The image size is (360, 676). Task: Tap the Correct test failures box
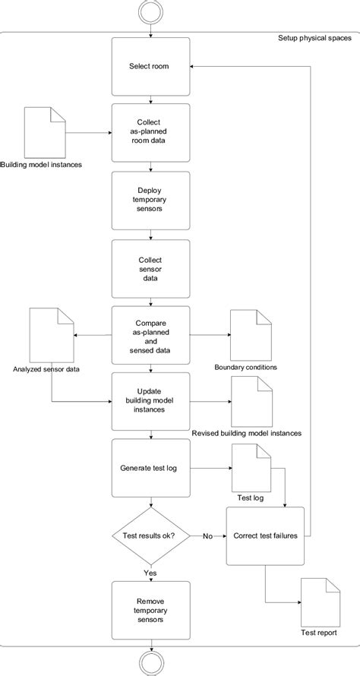(265, 535)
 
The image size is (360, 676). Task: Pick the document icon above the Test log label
(251, 469)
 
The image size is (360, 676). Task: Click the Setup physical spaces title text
(314, 38)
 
